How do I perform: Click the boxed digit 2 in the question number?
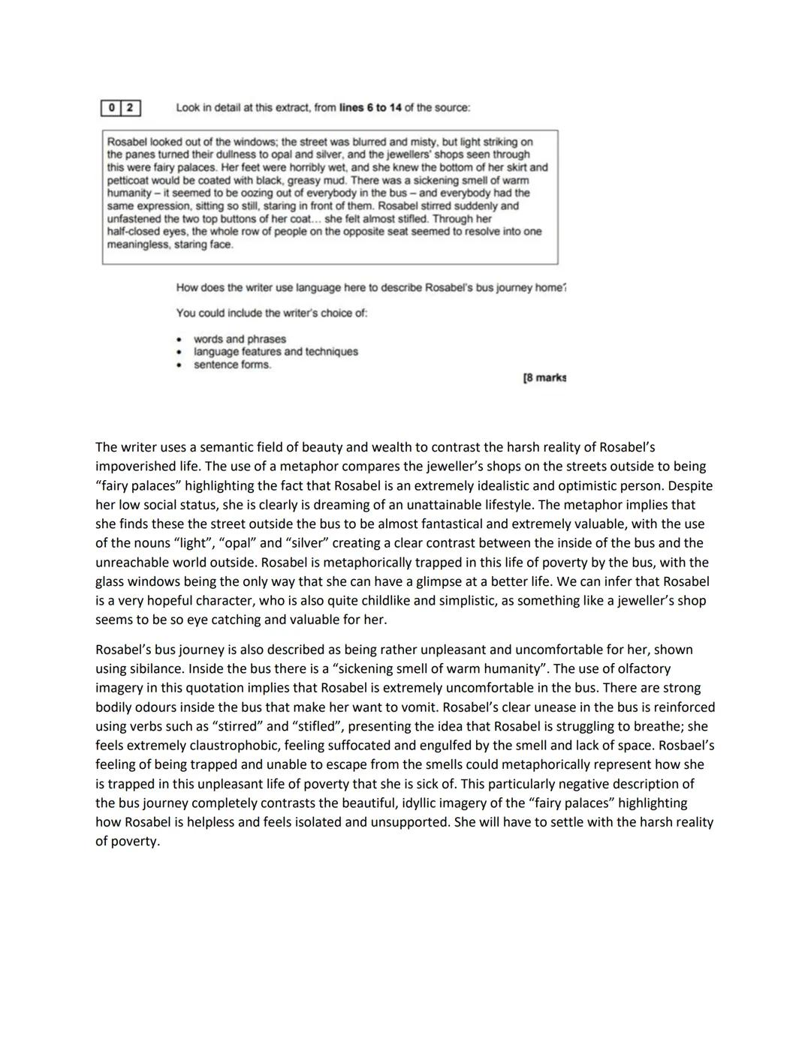click(x=130, y=108)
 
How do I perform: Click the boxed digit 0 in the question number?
click(x=111, y=108)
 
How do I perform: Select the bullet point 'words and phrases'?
click(x=240, y=339)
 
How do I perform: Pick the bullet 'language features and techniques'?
click(x=276, y=352)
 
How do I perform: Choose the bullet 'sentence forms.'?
click(x=232, y=365)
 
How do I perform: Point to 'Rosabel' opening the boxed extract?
click(x=127, y=142)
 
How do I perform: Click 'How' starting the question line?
click(x=187, y=287)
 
